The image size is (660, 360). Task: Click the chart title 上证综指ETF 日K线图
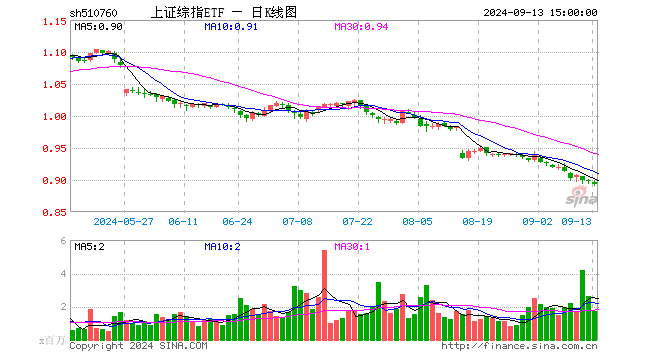pos(222,12)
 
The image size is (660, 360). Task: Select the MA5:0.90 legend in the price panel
pos(96,27)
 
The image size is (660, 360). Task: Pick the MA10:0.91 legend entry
pos(231,27)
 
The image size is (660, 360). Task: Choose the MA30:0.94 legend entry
pos(361,27)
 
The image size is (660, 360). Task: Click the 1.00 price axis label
pos(56,116)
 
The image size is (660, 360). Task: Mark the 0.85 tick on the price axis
pos(56,212)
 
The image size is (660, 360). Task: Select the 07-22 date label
pos(358,221)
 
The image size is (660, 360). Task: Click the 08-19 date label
pos(479,221)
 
